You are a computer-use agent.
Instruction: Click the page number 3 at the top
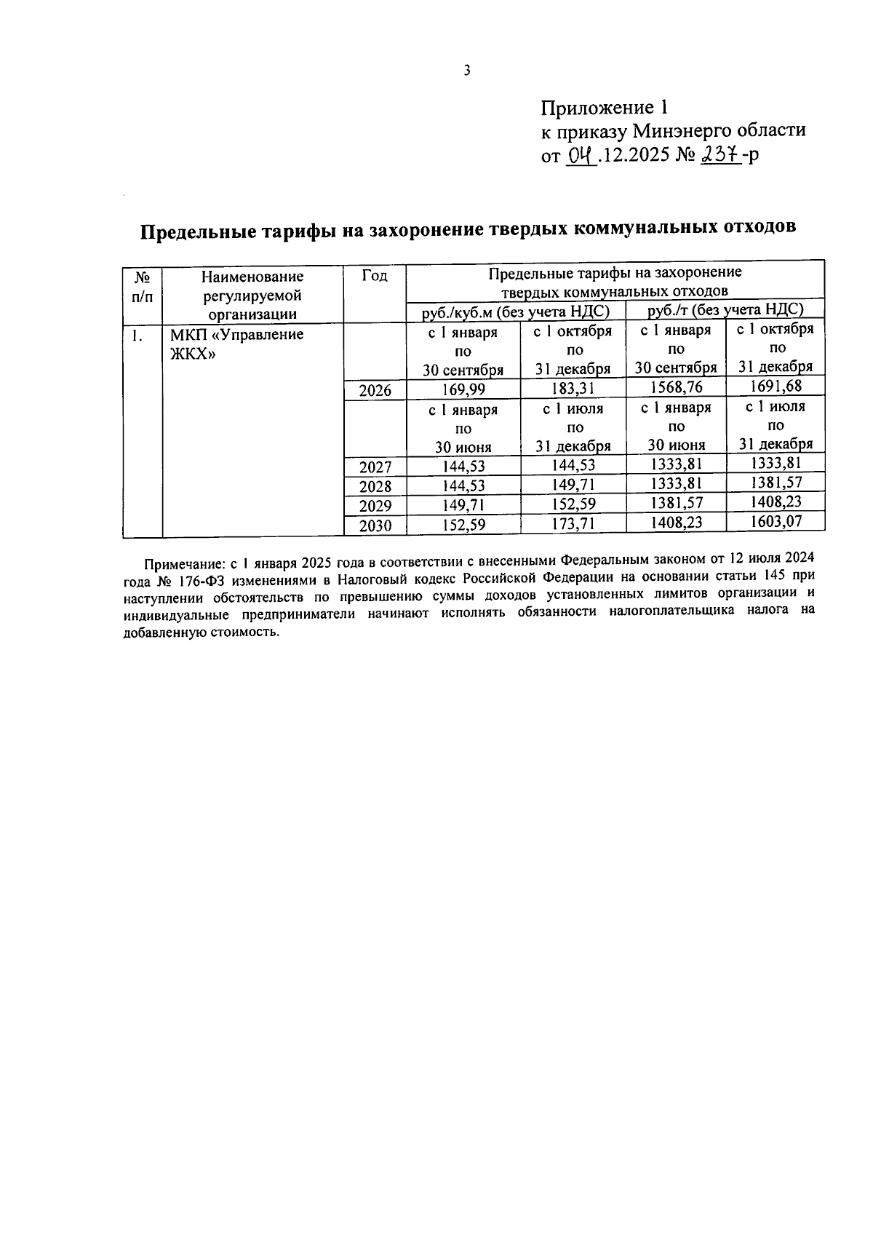click(x=467, y=71)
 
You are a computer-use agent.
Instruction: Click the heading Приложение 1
click(x=604, y=108)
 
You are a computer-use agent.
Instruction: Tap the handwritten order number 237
click(x=719, y=154)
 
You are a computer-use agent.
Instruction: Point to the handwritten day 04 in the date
click(x=581, y=155)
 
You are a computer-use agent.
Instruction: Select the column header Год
click(x=374, y=276)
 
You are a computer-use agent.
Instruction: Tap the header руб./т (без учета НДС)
click(x=725, y=309)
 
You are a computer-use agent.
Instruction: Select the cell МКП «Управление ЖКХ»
click(x=236, y=344)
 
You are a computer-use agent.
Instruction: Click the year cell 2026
click(x=375, y=390)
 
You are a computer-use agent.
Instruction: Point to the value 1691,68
click(x=776, y=386)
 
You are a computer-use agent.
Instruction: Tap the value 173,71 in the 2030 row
click(x=574, y=523)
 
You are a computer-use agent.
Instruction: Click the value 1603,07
click(x=776, y=520)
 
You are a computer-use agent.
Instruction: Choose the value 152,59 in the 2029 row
click(x=574, y=504)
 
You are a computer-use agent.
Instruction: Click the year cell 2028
click(x=375, y=486)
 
